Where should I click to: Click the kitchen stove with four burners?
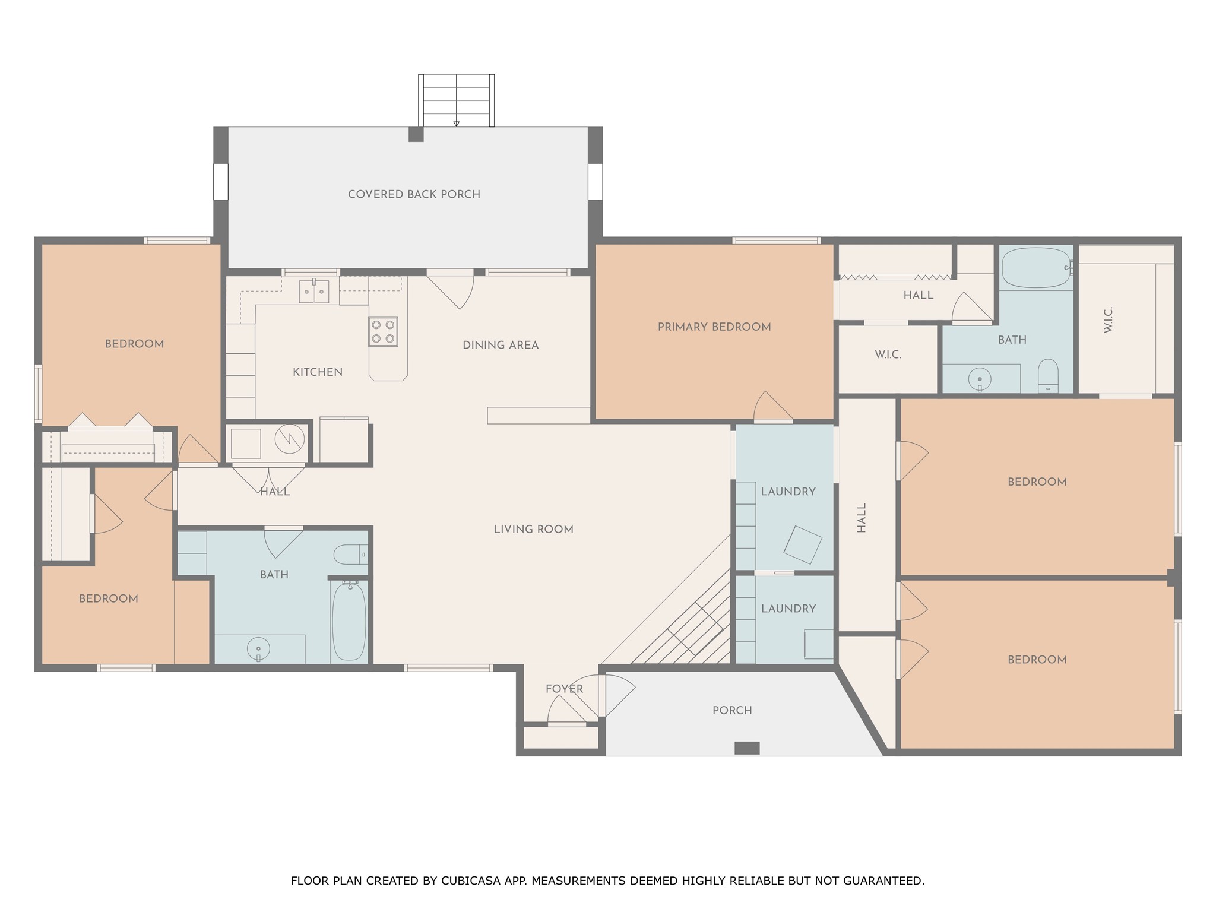click(383, 332)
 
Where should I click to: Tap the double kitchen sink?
click(313, 291)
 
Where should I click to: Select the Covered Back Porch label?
click(414, 194)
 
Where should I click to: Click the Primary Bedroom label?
click(714, 327)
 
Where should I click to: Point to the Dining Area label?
click(501, 345)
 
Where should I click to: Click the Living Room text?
click(533, 529)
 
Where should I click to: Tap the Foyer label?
click(564, 689)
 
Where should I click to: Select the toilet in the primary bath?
click(1048, 376)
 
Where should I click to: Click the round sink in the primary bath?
click(980, 379)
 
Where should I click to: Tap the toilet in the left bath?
click(350, 555)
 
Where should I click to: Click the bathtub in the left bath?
click(349, 621)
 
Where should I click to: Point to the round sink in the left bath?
click(258, 649)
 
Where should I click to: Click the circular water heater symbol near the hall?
click(290, 439)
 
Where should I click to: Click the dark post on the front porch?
click(747, 748)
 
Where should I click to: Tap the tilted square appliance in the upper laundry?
click(803, 544)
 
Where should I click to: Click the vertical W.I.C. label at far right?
click(1108, 319)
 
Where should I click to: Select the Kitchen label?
click(318, 372)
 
